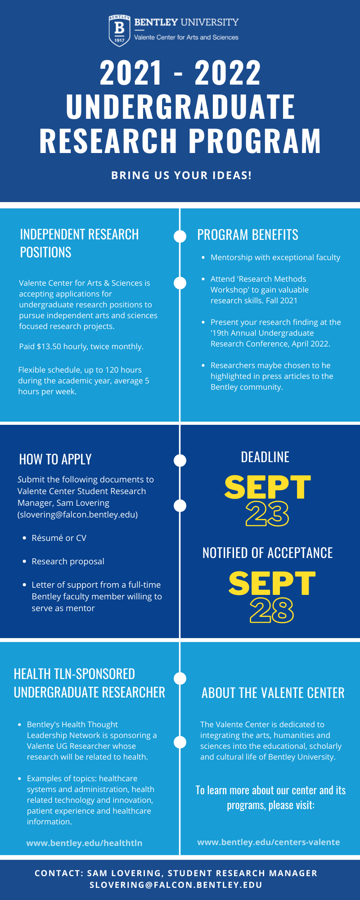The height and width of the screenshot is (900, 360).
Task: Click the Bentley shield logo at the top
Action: (x=119, y=30)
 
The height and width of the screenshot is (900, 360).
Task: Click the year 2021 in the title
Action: (x=130, y=73)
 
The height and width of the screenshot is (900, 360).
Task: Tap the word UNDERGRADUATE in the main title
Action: (x=180, y=107)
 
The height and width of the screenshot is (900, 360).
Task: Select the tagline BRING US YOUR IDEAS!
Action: (x=181, y=175)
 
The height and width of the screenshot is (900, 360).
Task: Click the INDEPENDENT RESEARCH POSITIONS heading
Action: (x=79, y=243)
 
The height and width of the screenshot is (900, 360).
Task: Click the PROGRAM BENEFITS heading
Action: (x=247, y=235)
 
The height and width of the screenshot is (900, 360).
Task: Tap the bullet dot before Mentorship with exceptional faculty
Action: (x=203, y=258)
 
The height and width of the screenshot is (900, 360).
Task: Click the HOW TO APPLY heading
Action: (x=55, y=459)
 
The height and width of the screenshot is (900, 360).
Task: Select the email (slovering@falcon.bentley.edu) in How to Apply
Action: (x=77, y=514)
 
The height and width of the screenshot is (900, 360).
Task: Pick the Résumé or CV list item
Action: (x=59, y=538)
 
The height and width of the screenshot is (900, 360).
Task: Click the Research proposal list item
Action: (x=68, y=561)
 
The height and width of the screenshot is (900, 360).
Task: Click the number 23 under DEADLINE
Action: (x=267, y=514)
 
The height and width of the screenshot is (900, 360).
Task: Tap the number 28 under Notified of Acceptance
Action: (x=272, y=610)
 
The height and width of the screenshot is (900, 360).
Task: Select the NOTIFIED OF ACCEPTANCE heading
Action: (x=267, y=553)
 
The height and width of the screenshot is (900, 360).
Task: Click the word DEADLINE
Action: (x=265, y=457)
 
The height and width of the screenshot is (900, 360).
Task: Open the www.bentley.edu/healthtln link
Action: (x=84, y=843)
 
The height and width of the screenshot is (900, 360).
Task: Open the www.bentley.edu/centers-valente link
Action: (x=269, y=842)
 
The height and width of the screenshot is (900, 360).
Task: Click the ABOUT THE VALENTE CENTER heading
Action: (x=273, y=693)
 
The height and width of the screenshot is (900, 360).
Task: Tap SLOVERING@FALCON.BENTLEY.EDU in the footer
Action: (x=176, y=885)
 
